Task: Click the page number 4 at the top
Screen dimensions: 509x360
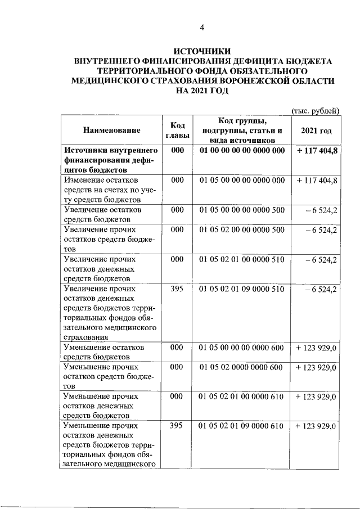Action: tap(202, 28)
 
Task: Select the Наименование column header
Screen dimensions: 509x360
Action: tap(111, 130)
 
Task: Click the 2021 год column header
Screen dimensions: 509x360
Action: tap(316, 130)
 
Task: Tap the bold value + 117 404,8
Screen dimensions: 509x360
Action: tap(316, 151)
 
